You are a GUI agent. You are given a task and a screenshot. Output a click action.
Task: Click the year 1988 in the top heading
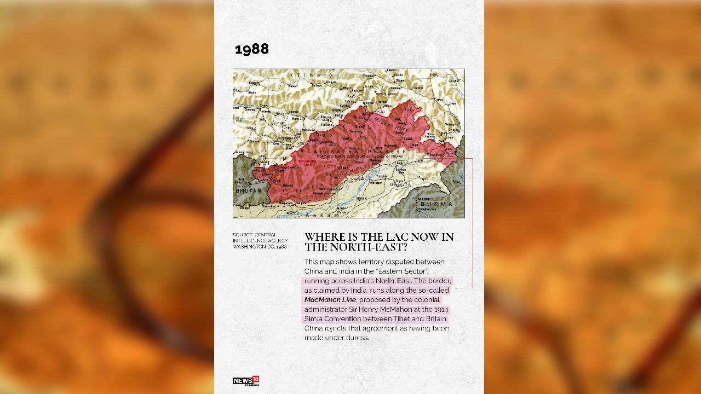[x=252, y=49]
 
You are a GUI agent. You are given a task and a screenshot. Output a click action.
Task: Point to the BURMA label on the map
[x=436, y=204]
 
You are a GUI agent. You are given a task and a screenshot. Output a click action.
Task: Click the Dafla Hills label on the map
[x=310, y=189]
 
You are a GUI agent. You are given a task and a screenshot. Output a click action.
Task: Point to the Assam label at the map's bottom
[x=328, y=215]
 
